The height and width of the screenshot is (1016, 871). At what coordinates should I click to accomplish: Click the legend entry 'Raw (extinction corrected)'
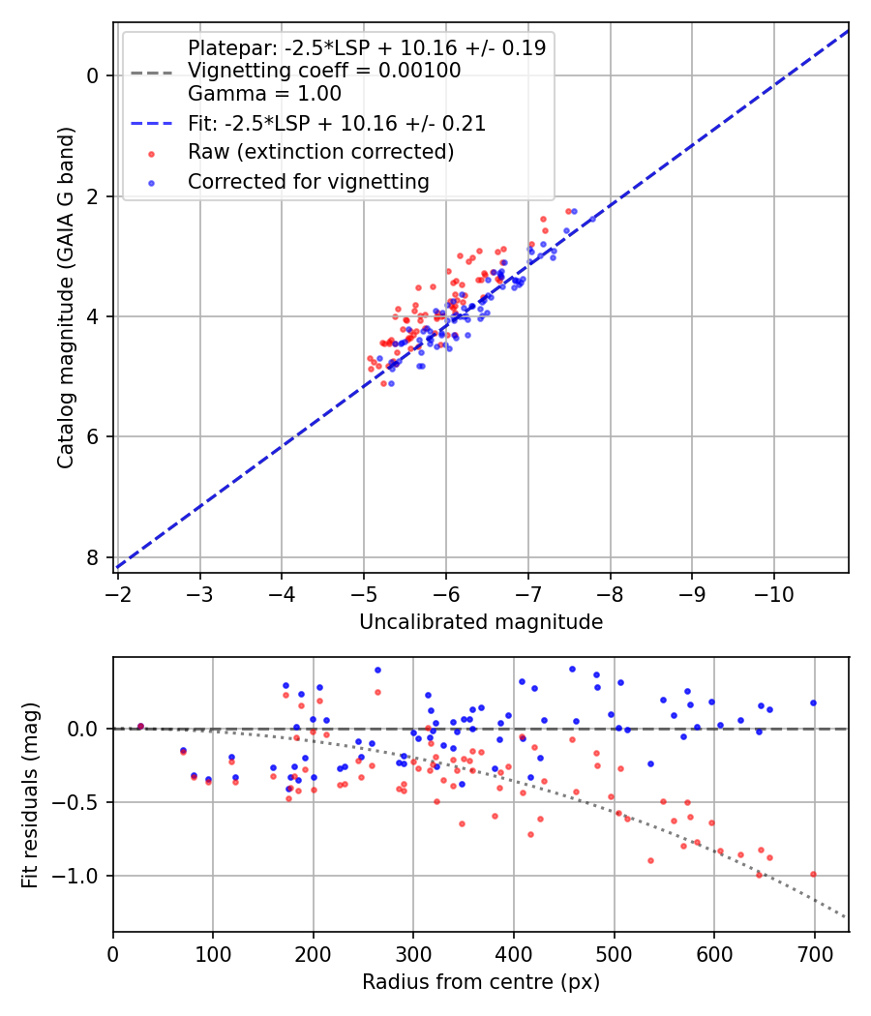tap(320, 152)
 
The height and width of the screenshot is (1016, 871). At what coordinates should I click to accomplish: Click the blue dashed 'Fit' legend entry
tap(337, 123)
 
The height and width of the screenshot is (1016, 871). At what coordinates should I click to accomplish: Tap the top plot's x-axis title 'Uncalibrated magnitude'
tap(481, 622)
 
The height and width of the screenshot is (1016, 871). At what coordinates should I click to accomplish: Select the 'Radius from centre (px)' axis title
tap(481, 982)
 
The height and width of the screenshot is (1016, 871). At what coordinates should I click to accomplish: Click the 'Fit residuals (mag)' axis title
tap(30, 794)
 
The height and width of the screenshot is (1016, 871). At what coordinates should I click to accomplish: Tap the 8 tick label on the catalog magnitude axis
tap(92, 557)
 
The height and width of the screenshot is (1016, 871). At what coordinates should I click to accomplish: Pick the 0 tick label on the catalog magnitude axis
tap(92, 75)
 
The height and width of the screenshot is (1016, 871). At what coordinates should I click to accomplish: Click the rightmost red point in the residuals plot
tap(813, 874)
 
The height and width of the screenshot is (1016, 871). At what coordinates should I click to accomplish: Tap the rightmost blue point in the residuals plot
tap(813, 702)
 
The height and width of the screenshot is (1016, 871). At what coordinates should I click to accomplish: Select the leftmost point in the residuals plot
tap(140, 726)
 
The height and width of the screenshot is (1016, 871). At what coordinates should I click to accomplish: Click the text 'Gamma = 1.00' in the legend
tap(264, 95)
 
